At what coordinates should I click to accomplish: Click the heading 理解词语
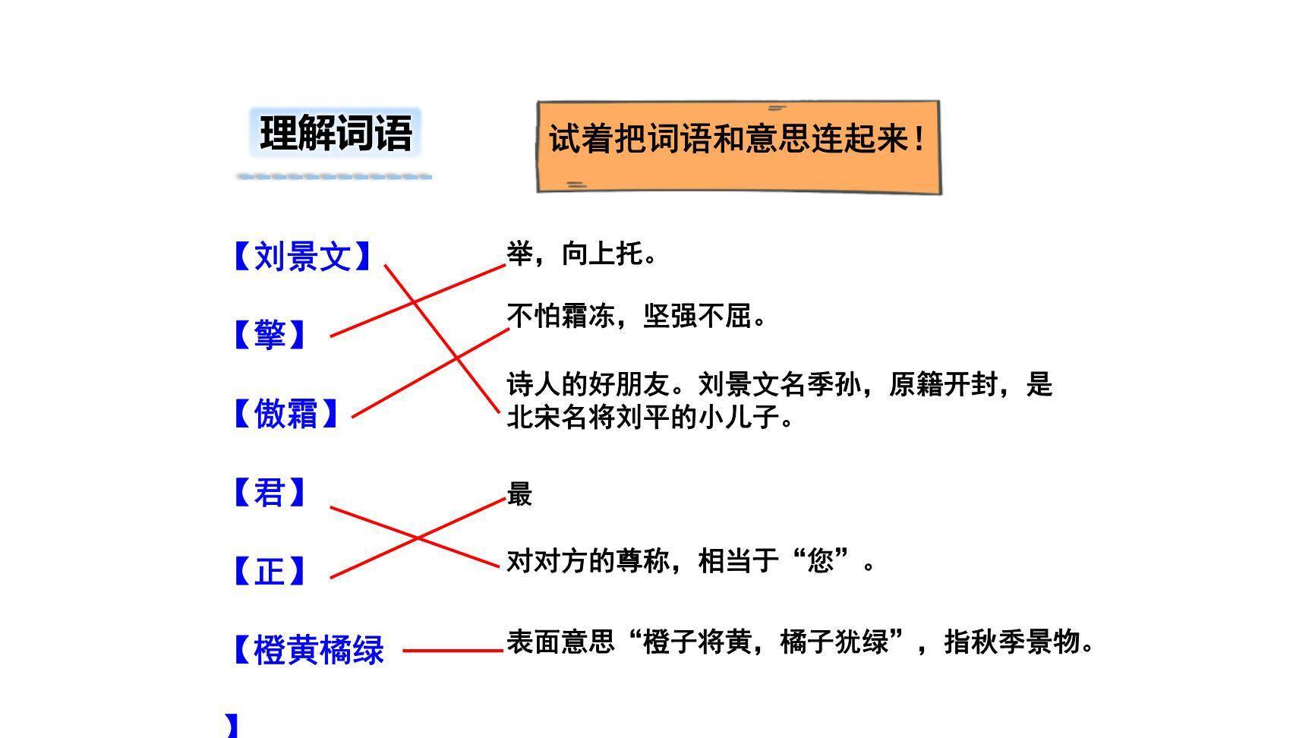pos(336,134)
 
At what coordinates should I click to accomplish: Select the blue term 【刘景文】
pos(302,257)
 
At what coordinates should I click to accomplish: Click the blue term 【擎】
pos(269,335)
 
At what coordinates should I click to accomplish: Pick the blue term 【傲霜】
pos(285,414)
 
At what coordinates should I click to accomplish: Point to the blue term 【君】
pos(269,493)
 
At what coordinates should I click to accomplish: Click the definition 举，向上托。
pos(582,254)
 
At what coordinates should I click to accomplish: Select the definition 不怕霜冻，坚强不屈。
pos(636,316)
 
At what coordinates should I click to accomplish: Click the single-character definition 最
pos(519,494)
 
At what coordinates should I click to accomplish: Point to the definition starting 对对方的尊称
pos(689,562)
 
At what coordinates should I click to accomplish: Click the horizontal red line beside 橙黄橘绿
pos(453,651)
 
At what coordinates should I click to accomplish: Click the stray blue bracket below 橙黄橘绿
pos(232,726)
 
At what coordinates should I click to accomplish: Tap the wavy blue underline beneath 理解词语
pos(334,176)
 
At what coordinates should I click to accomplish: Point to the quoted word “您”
pos(820,562)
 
